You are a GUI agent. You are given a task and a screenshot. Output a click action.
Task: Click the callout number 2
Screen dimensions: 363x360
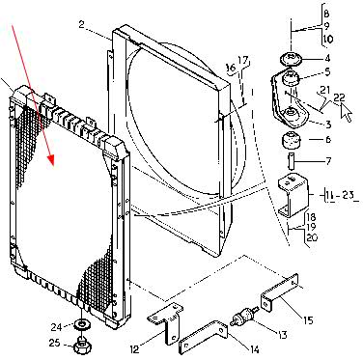(x=82, y=24)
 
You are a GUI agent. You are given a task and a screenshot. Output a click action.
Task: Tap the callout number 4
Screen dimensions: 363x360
(x=327, y=58)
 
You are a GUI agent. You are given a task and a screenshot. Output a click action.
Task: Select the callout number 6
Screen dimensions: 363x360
(x=328, y=139)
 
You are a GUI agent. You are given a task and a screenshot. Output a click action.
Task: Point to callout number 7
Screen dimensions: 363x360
(x=328, y=161)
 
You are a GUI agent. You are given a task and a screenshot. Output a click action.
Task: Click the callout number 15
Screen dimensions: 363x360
(x=308, y=320)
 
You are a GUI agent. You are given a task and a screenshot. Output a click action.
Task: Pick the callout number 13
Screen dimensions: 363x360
(x=282, y=335)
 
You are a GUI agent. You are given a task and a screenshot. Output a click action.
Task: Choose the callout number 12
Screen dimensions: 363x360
(x=135, y=348)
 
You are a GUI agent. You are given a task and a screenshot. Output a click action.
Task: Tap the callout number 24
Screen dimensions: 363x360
(x=56, y=327)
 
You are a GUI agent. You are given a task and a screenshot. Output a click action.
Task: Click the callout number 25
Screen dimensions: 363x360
(x=55, y=343)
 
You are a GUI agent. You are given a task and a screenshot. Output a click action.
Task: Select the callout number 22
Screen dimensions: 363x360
(x=339, y=97)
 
